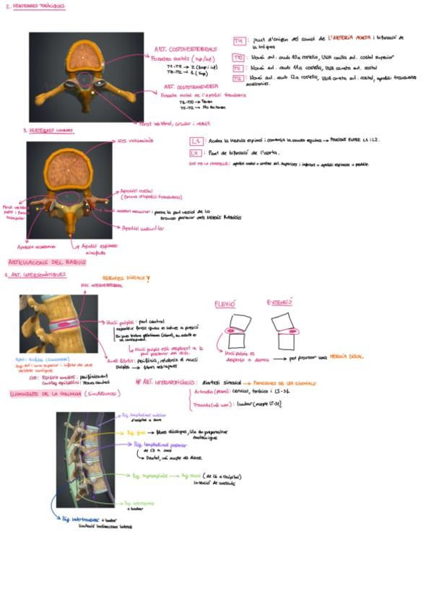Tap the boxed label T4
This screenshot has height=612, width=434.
239,42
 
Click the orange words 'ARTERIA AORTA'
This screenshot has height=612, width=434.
350,36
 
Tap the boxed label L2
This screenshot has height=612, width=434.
196,142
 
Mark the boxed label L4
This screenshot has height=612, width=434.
196,153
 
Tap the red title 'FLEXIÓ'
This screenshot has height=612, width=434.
225,305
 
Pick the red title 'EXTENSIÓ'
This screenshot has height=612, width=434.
279,302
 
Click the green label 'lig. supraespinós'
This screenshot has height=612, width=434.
150,476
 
